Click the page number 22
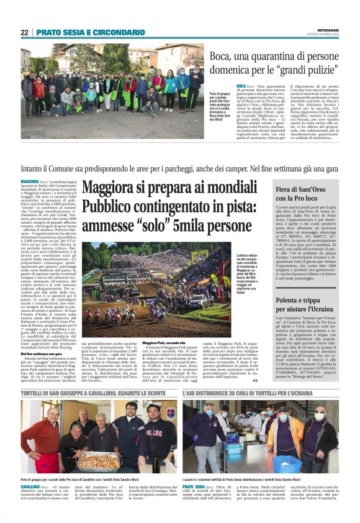pyautogui.click(x=25, y=32)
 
